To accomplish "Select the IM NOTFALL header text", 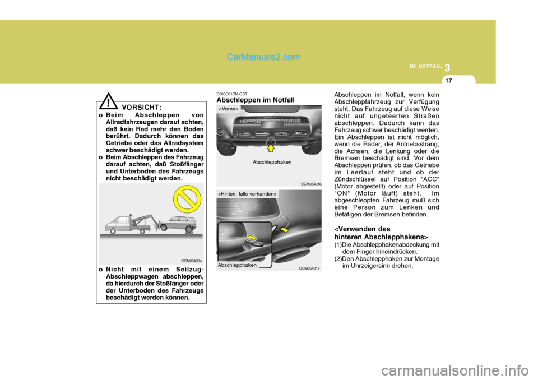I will click(x=425, y=67).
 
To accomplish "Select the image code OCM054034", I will click(x=192, y=261).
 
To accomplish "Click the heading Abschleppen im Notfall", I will click(x=255, y=100).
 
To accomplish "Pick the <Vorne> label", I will click(x=228, y=108).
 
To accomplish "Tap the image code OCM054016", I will click(x=311, y=183).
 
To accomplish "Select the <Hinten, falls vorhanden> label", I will click(x=247, y=193).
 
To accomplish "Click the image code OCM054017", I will click(x=309, y=268).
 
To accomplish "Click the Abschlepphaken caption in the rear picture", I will click(x=237, y=265).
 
